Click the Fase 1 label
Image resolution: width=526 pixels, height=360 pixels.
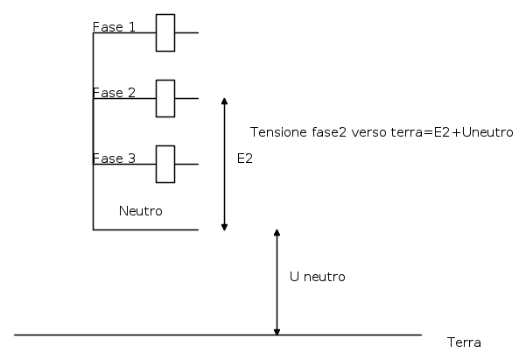(114, 27)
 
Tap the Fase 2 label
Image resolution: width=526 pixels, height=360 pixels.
(114, 93)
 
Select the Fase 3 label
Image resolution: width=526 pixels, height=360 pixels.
(114, 159)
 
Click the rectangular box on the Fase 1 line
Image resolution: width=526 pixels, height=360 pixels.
(165, 32)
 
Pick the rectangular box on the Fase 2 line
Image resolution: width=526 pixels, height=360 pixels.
(165, 98)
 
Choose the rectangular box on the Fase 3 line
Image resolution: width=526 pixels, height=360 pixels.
(165, 164)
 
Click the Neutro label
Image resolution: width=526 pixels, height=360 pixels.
(141, 211)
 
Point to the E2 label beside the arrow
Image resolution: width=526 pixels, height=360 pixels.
(245, 159)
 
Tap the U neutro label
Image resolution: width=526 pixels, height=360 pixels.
(318, 277)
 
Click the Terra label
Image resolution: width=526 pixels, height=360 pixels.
(464, 342)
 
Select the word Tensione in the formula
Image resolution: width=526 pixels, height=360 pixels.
(279, 132)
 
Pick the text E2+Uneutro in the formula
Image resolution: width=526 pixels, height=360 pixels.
(473, 132)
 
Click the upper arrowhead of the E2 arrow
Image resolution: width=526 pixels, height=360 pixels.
(224, 101)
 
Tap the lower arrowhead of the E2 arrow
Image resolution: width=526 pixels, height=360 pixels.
(224, 228)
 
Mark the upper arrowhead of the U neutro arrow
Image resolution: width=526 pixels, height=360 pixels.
(277, 232)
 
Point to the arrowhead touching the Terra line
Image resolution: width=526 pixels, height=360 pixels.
(277, 332)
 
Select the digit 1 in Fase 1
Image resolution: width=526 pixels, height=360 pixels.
(132, 27)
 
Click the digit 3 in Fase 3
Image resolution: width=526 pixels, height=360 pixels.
(132, 159)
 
